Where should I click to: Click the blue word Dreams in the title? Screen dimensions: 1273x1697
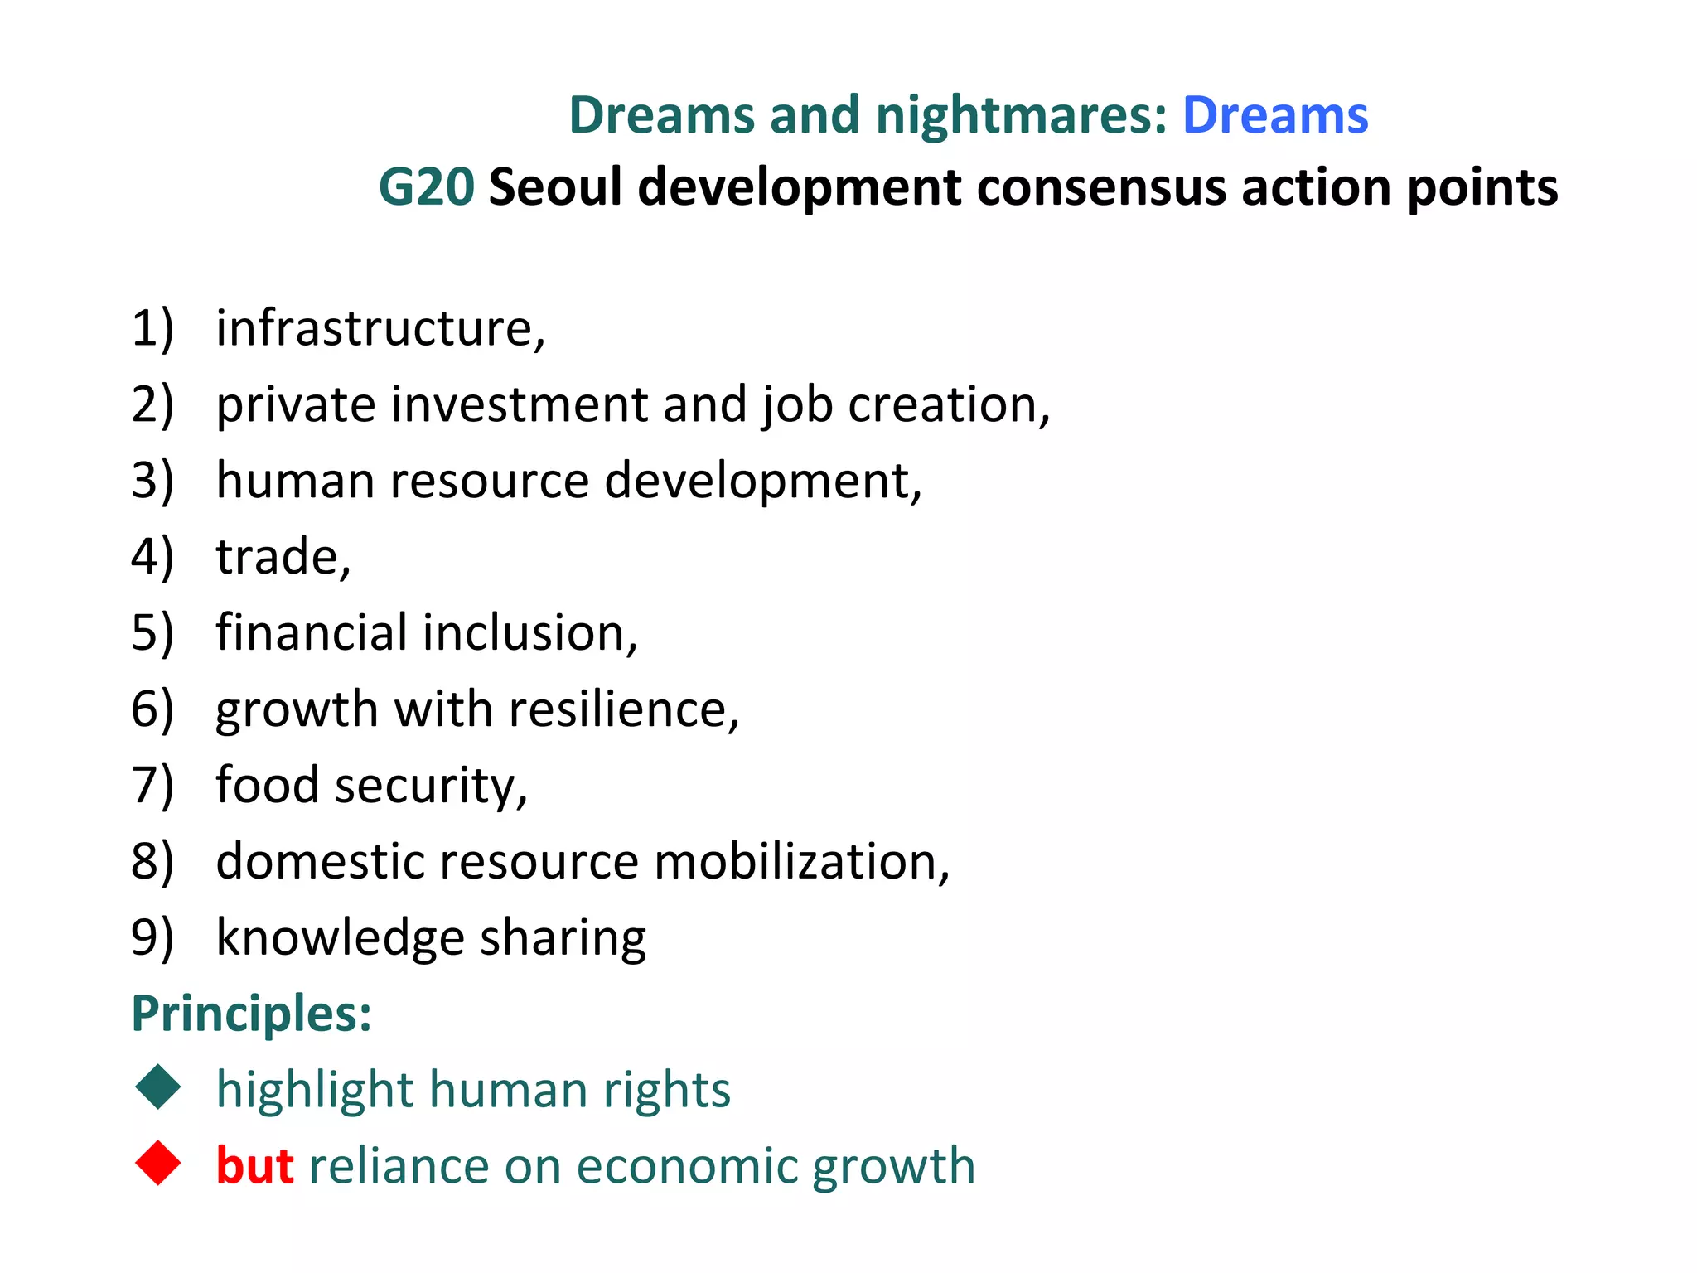click(x=1274, y=115)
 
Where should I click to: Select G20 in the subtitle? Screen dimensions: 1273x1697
click(x=426, y=187)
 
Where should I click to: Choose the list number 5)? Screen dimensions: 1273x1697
click(x=152, y=633)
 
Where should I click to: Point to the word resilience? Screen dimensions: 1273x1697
click(x=618, y=710)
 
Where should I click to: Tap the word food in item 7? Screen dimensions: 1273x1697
click(x=267, y=786)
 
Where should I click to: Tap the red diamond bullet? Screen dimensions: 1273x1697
click(x=157, y=1163)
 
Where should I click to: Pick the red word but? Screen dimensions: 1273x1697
click(x=254, y=1166)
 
